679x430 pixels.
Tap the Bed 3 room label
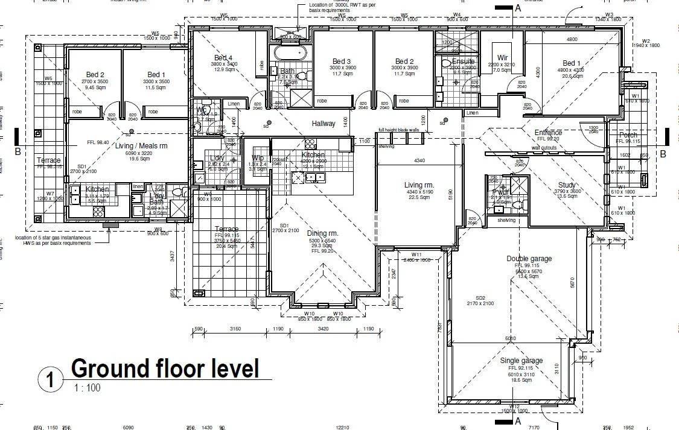[342, 62]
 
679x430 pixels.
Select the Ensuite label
[464, 62]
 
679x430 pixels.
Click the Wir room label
[503, 58]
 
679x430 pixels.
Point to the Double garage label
[529, 259]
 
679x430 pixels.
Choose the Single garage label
[521, 361]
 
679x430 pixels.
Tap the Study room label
[567, 185]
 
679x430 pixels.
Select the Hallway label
[323, 124]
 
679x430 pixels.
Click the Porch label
[628, 135]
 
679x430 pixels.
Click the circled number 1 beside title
[51, 380]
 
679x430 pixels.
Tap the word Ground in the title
[110, 368]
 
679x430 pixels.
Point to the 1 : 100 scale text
[87, 388]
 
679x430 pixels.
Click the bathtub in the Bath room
[290, 52]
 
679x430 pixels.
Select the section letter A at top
[517, 8]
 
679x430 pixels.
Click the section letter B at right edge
[663, 154]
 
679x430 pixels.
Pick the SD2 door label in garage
[480, 298]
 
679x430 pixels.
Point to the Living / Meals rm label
[124, 146]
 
